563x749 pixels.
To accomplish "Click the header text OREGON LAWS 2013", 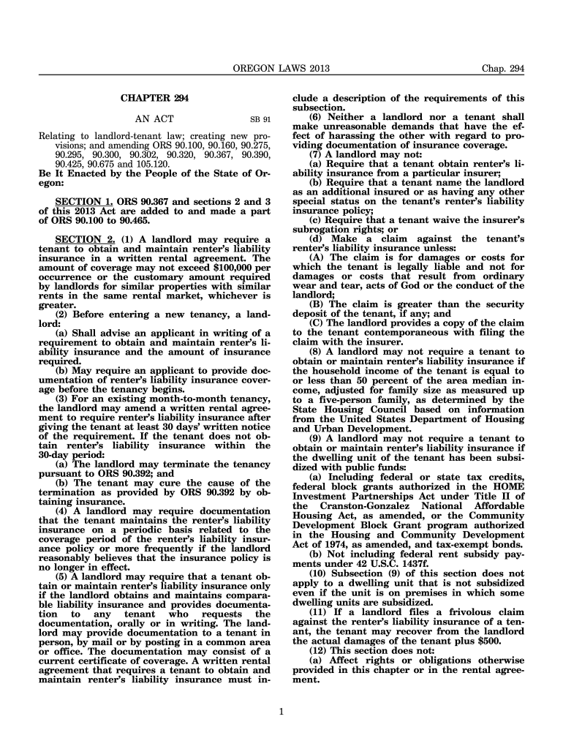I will [281, 69].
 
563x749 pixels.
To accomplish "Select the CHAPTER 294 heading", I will [154, 98].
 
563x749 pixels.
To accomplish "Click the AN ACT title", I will [154, 118].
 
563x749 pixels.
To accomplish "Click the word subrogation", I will [322, 230].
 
